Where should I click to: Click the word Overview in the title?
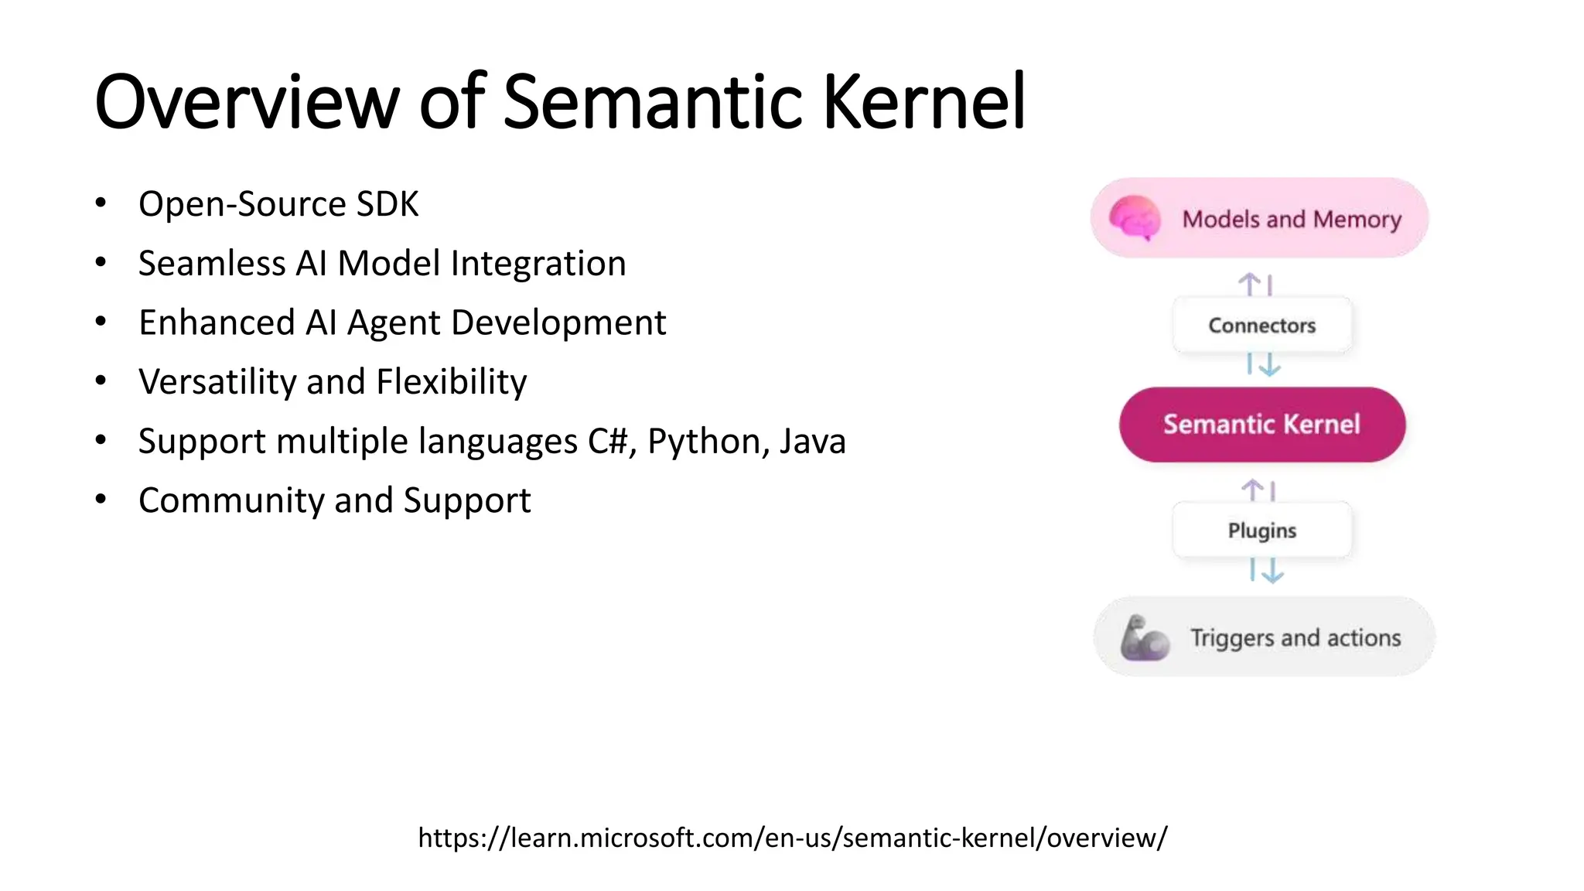(247, 102)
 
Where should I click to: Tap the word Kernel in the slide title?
(923, 102)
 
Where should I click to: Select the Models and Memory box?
(1259, 218)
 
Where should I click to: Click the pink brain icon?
(1135, 217)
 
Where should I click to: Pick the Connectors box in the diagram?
(1262, 326)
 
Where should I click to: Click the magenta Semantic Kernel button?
(1262, 425)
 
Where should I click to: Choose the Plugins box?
(1262, 531)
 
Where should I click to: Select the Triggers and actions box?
(1264, 637)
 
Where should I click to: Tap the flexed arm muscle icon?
(1144, 638)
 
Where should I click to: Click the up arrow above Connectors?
(1249, 284)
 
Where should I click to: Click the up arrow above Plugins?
(1252, 490)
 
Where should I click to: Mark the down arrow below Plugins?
(1272, 571)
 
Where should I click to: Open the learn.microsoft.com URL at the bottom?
(792, 838)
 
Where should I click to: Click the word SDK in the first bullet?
(387, 204)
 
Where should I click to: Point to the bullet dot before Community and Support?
(101, 500)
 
